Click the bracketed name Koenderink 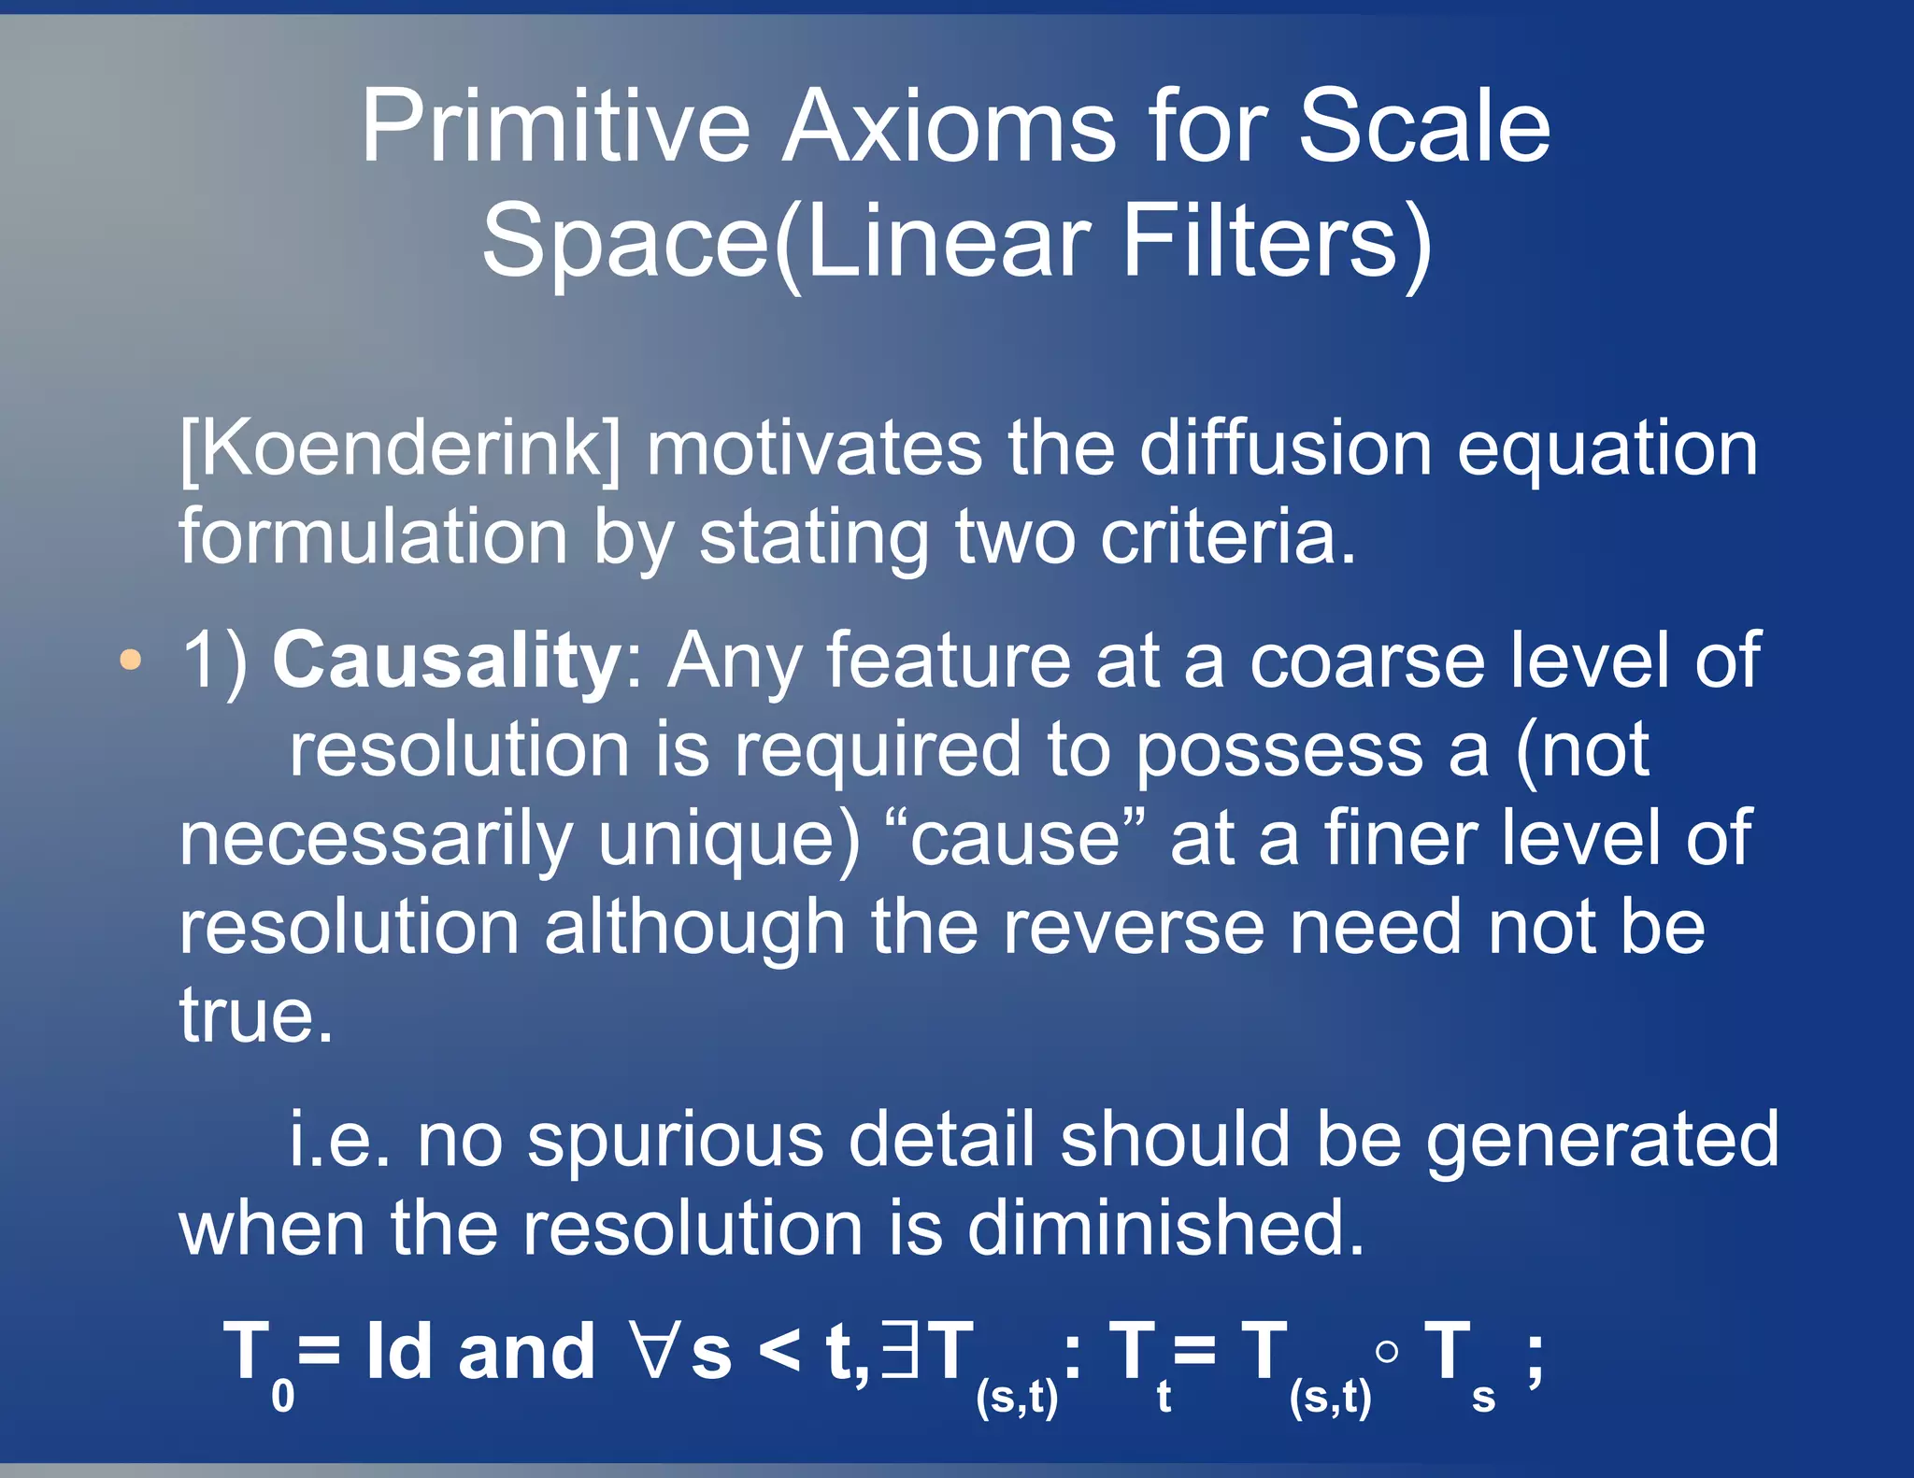[x=400, y=449]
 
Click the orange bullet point [x=131, y=660]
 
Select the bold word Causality [x=447, y=660]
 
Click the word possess [x=1278, y=751]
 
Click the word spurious [x=675, y=1140]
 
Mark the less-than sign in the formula [x=779, y=1351]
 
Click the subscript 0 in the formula [x=282, y=1397]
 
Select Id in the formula [x=399, y=1351]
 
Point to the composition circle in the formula [x=1388, y=1351]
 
